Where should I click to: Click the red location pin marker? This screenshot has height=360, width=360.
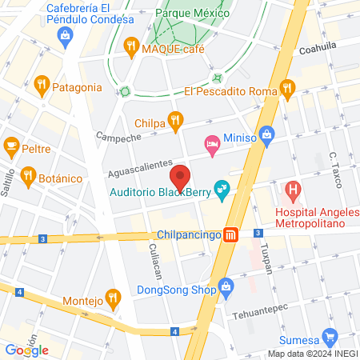(x=180, y=177)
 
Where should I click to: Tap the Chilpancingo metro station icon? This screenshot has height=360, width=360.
(x=231, y=235)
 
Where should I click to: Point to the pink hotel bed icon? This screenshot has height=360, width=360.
(x=212, y=143)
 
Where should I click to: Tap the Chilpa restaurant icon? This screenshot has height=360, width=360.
(x=176, y=121)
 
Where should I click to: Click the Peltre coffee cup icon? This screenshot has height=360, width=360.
(x=11, y=146)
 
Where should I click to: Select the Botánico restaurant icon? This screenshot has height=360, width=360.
(x=28, y=176)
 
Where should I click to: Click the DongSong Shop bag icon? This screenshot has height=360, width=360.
(x=227, y=286)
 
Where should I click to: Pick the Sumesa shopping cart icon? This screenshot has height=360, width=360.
(x=328, y=337)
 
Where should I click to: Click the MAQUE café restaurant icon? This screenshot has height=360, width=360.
(x=131, y=48)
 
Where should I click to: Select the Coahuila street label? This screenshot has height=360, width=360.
(x=318, y=47)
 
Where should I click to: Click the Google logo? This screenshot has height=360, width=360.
(x=26, y=349)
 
